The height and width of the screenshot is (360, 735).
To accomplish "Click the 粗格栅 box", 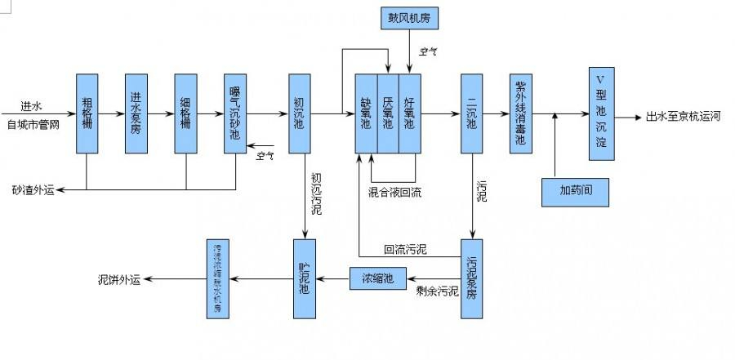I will pyautogui.click(x=87, y=113).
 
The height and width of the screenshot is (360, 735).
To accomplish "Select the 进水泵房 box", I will pyautogui.click(x=136, y=113).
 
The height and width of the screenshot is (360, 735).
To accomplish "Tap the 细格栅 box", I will pyautogui.click(x=186, y=113).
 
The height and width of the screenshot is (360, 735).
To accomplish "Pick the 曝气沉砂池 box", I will pyautogui.click(x=235, y=113).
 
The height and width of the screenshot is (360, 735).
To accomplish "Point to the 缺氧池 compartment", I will pyautogui.click(x=366, y=113).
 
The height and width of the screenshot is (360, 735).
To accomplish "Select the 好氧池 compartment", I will pyautogui.click(x=409, y=113).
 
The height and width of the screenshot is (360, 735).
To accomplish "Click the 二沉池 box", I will pyautogui.click(x=472, y=113).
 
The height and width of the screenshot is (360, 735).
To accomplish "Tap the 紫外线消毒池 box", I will pyautogui.click(x=520, y=113).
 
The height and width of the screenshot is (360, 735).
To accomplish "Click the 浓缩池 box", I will pyautogui.click(x=377, y=278).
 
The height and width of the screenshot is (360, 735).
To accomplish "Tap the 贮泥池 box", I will pyautogui.click(x=304, y=278).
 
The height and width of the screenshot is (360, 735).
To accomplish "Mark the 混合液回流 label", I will pyautogui.click(x=395, y=193).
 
